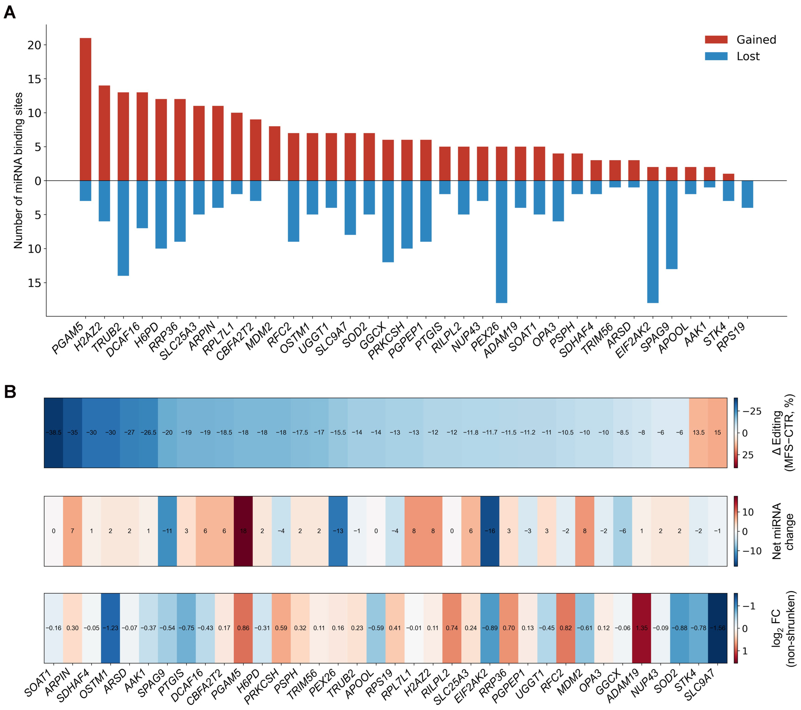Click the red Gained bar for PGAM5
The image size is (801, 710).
click(85, 109)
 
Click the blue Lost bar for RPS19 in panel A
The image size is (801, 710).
click(747, 194)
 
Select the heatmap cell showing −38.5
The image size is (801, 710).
click(54, 433)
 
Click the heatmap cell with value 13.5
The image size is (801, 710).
click(698, 433)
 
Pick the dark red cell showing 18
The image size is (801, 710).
click(243, 531)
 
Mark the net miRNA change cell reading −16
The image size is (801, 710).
click(490, 531)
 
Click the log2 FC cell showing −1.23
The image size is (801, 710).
click(111, 628)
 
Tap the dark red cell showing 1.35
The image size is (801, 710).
click(641, 628)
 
